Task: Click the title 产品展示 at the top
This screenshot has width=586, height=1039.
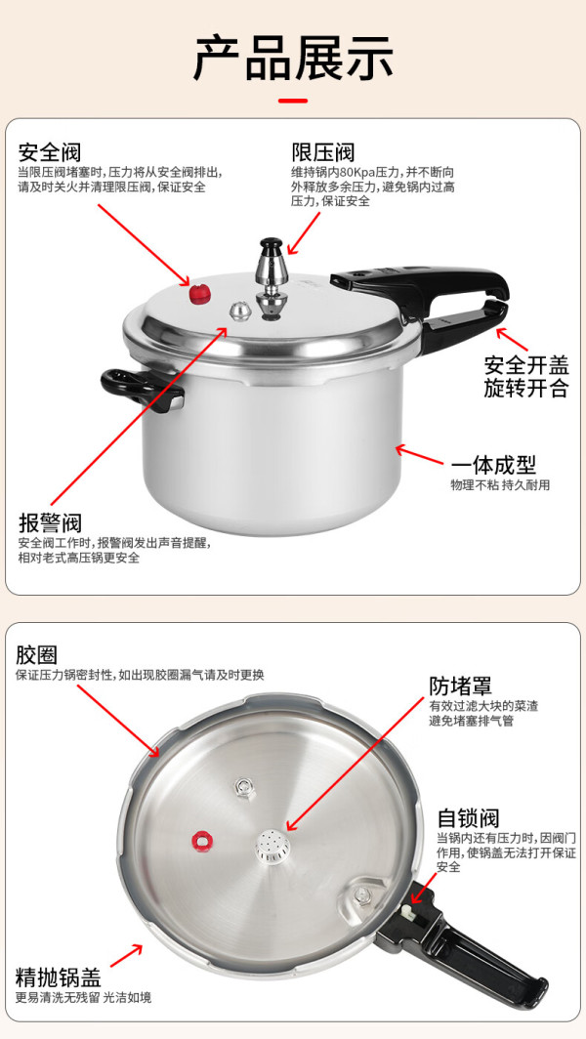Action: [x=293, y=59]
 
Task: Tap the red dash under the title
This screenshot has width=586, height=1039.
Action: [x=293, y=102]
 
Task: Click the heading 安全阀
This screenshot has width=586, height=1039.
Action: [x=50, y=152]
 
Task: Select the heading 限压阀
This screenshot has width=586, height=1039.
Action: [x=323, y=152]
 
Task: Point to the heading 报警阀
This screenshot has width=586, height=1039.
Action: [x=50, y=523]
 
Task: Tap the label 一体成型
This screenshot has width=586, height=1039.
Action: [x=494, y=465]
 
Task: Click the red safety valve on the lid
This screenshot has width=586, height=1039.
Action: [x=199, y=292]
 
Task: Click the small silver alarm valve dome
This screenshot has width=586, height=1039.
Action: [x=239, y=310]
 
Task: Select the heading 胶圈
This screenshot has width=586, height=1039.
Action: [x=37, y=655]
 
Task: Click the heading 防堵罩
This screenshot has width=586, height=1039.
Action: [x=461, y=686]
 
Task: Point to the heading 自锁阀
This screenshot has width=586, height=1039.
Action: [x=468, y=817]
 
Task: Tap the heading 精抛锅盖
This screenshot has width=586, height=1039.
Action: [x=59, y=977]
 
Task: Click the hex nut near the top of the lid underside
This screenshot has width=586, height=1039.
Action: [x=244, y=787]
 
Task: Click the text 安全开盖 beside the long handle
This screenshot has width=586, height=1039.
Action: [x=526, y=366]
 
